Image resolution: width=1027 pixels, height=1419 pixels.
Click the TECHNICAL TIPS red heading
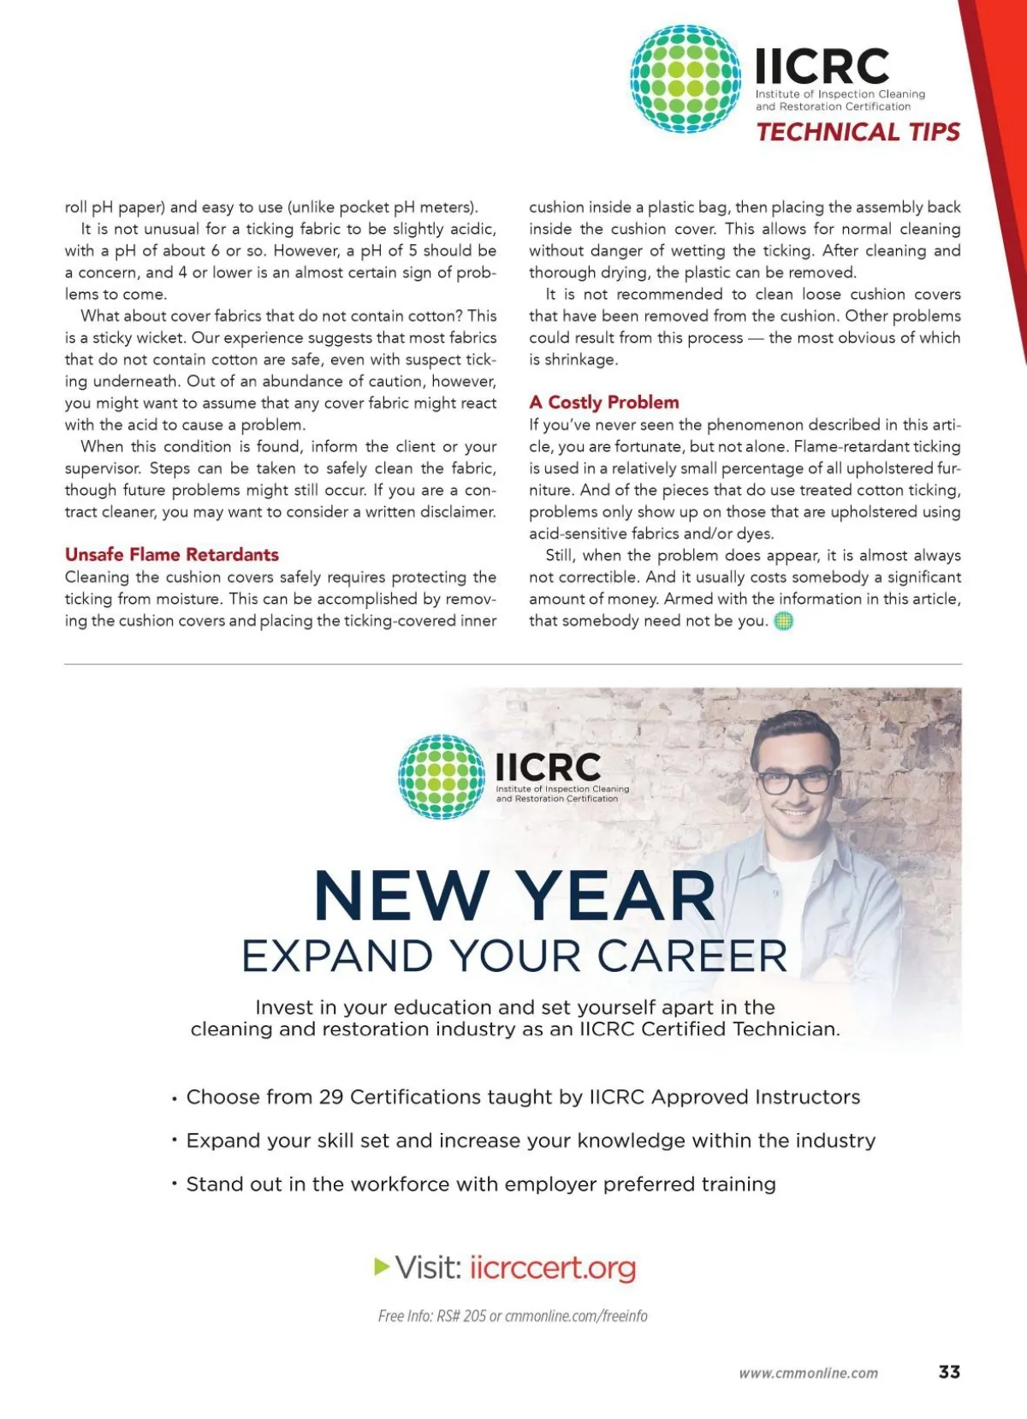tap(858, 132)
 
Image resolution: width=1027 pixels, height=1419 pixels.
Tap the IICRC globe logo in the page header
tap(686, 79)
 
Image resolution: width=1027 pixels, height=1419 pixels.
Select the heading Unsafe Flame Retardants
tap(172, 554)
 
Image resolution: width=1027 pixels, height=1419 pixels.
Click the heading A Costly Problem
tap(604, 402)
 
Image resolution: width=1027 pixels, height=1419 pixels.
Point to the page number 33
tap(949, 1371)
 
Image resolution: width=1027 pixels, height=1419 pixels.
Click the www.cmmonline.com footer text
tap(808, 1373)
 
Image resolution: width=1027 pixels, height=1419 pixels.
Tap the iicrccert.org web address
tap(553, 1267)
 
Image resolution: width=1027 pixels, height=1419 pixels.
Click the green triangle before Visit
tap(382, 1266)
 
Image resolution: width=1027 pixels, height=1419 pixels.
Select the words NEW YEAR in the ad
tap(514, 896)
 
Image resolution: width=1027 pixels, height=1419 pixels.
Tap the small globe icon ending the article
tap(783, 621)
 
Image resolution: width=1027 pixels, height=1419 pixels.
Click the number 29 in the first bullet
tap(331, 1097)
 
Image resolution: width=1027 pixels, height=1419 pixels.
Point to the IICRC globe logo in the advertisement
tap(442, 777)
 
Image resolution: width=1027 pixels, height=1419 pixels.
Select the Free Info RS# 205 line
tap(513, 1315)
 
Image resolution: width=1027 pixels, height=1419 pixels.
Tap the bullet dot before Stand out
tap(174, 1184)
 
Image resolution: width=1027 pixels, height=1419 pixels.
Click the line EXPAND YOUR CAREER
tap(514, 956)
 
